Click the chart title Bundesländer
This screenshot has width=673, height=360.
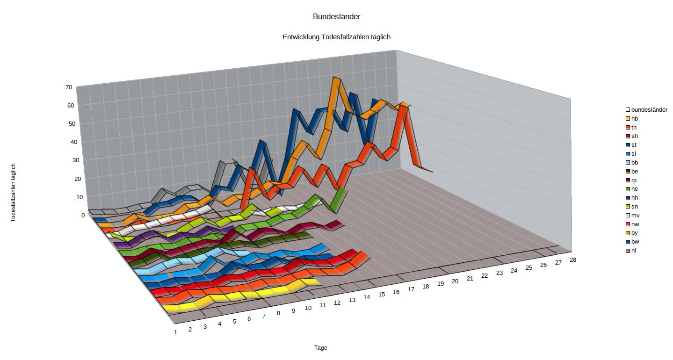(x=336, y=17)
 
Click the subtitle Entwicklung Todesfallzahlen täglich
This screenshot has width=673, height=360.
(x=336, y=37)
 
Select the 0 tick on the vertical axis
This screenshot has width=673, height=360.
(x=83, y=215)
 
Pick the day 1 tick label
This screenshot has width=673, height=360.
(x=176, y=332)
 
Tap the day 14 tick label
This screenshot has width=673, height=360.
(x=367, y=297)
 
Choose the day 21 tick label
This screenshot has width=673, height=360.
(x=470, y=279)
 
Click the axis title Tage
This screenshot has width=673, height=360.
(x=320, y=348)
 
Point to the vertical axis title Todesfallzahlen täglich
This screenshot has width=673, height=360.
(x=13, y=192)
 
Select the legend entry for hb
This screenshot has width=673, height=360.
(x=634, y=119)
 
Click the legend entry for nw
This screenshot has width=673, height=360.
(x=635, y=224)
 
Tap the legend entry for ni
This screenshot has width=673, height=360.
(x=633, y=251)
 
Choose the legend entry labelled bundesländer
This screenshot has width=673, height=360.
(x=649, y=110)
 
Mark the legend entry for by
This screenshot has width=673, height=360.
(x=634, y=233)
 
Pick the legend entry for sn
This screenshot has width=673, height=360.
(x=634, y=207)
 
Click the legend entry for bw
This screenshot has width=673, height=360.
(x=635, y=242)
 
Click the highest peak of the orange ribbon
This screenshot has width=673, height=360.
(x=335, y=78)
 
